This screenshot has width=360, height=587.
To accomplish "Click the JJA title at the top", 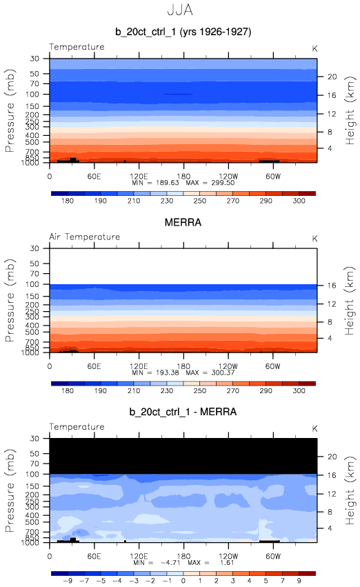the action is (180, 10).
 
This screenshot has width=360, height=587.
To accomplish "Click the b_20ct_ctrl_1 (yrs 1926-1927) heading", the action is (183, 32).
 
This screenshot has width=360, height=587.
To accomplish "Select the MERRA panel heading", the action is (183, 222).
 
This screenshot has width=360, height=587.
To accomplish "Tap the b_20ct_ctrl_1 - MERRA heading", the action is (183, 412).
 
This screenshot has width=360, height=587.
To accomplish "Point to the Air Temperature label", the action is (85, 237).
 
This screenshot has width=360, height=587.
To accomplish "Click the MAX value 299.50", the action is (223, 183).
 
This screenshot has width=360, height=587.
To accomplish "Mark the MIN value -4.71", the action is (170, 563).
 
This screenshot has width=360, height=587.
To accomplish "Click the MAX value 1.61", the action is (227, 563).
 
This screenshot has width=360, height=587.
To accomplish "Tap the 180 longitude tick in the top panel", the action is (183, 177).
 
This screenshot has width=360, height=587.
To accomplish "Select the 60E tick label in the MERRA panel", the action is (94, 366).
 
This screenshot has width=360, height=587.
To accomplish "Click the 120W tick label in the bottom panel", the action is (228, 556).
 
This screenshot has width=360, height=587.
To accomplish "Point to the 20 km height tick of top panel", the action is (332, 77).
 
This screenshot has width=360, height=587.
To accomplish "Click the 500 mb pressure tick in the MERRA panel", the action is (32, 332).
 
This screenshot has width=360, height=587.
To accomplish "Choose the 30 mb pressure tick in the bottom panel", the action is (34, 439).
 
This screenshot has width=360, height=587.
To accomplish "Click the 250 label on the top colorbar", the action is (200, 201).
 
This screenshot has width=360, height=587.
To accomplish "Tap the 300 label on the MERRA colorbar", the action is (299, 390).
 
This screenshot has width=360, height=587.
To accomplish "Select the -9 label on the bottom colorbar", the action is (68, 581).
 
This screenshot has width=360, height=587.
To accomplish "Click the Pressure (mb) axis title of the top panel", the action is (10, 110).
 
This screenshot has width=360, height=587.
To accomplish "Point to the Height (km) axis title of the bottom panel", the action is (350, 490).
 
